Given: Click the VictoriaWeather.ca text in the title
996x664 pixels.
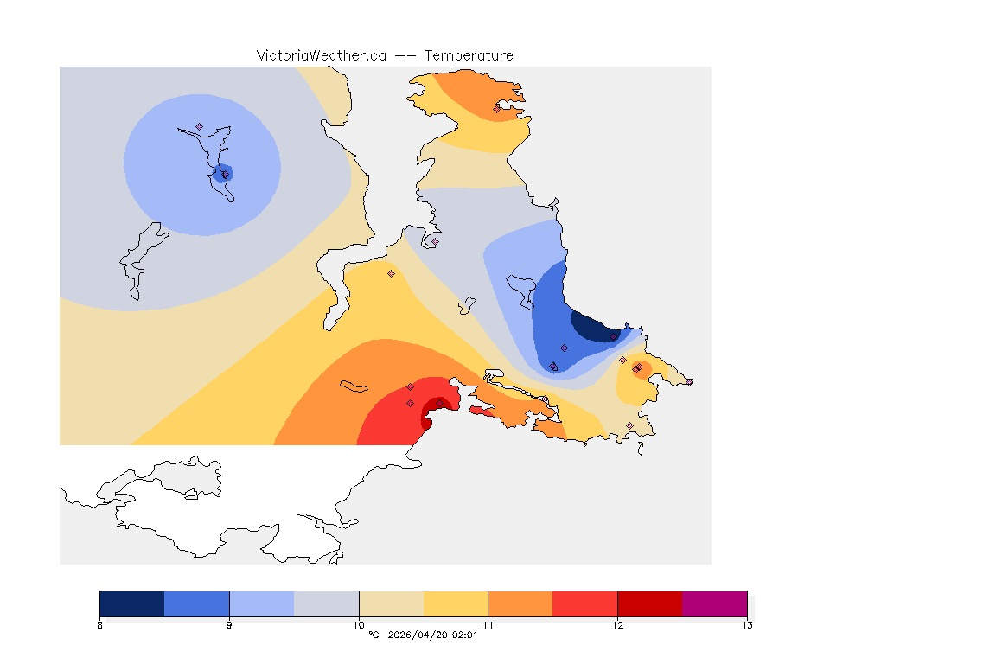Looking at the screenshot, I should [321, 55].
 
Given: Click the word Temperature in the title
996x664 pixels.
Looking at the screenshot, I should [469, 55].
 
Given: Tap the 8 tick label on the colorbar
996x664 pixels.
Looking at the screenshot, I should [100, 625].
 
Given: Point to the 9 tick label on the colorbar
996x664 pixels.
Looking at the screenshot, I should [229, 625].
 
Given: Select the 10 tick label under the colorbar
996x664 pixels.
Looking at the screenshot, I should [359, 625].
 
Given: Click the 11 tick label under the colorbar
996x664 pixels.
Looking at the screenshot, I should [488, 625].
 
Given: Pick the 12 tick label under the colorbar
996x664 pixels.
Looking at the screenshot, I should [617, 625].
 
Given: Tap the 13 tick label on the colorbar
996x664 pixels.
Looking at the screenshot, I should [747, 625].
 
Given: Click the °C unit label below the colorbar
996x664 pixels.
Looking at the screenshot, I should [373, 635].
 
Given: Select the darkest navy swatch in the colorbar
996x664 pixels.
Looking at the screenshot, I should [131, 603].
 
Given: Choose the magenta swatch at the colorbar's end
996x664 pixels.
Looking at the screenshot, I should [714, 603].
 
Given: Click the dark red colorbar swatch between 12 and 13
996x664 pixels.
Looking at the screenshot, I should [649, 603].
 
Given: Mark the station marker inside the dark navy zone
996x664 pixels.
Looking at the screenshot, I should [613, 337].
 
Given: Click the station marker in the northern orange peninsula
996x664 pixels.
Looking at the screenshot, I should [496, 109].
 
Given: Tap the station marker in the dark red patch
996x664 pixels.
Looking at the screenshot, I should [439, 403].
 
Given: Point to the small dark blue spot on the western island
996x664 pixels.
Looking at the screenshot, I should [223, 171].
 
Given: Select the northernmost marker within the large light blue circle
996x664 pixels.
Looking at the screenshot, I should [199, 127].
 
